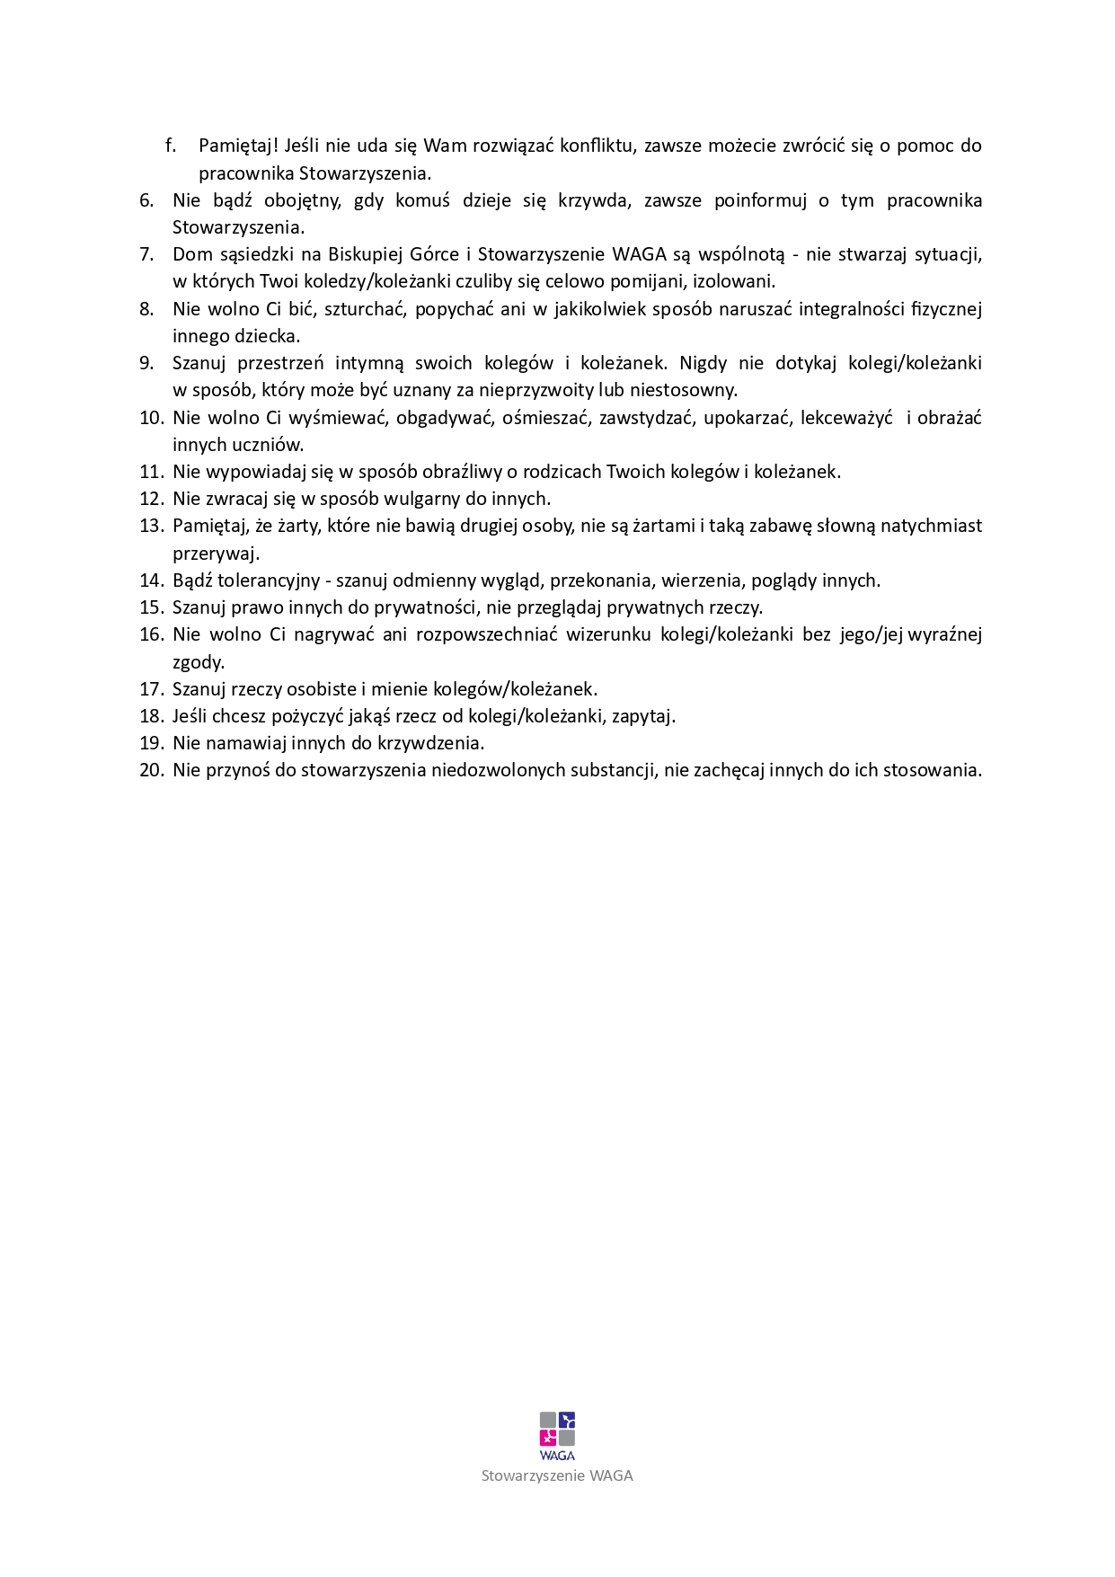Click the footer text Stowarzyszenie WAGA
[x=557, y=1475]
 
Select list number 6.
[x=147, y=200]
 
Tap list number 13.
[x=150, y=526]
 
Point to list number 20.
[x=151, y=770]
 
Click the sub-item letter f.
[x=171, y=146]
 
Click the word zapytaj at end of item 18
[x=643, y=716]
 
